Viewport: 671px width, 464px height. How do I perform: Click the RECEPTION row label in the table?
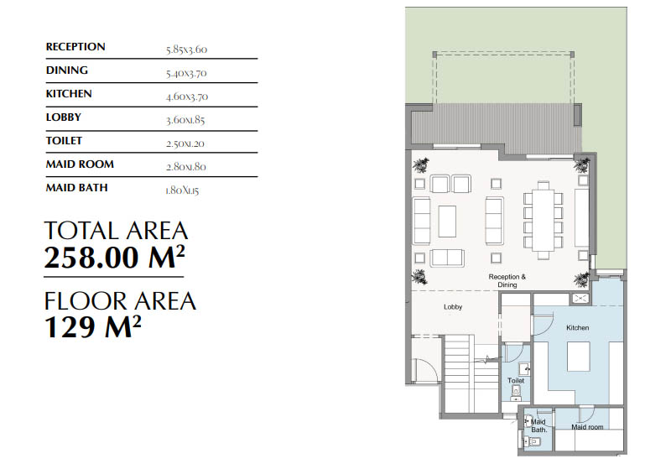[x=75, y=47]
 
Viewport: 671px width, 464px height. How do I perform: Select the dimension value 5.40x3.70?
[x=186, y=73]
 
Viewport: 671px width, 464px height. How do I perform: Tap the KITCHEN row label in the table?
[x=69, y=94]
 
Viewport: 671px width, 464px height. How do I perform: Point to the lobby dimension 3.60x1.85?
[x=186, y=120]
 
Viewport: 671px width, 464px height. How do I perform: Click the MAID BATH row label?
[x=76, y=188]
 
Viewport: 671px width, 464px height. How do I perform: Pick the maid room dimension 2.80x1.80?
[x=186, y=167]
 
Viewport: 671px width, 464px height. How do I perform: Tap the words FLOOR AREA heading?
[x=120, y=300]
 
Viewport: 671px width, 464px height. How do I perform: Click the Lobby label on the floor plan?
[x=453, y=307]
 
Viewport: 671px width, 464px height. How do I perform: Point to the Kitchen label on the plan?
[x=577, y=327]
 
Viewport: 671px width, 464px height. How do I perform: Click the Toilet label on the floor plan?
[x=516, y=380]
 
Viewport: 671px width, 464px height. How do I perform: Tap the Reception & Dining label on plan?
[x=507, y=280]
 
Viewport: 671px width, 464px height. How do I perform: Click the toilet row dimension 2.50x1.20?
[x=186, y=143]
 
